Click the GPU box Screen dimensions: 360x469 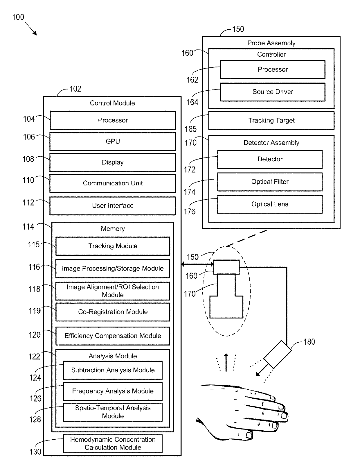(113, 142)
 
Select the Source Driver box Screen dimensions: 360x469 (273, 92)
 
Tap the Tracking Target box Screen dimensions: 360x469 (271, 120)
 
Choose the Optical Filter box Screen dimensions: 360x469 (270, 182)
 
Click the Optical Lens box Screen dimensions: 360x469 (270, 204)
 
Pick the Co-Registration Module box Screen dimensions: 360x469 (113, 312)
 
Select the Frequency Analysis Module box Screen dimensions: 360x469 (113, 391)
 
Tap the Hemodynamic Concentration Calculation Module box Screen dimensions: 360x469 (113, 443)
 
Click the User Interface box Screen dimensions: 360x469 (113, 206)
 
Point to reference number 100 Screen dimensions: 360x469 (18, 17)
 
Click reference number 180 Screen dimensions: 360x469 (309, 342)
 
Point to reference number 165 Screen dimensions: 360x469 (190, 129)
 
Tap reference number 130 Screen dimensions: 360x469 (35, 452)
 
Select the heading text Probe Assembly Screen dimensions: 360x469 (271, 43)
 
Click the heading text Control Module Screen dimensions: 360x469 (112, 103)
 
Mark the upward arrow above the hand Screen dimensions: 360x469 (226, 362)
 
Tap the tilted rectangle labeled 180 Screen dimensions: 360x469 (278, 354)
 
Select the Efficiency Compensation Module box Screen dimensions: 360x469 (113, 336)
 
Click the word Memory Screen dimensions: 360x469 (113, 229)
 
